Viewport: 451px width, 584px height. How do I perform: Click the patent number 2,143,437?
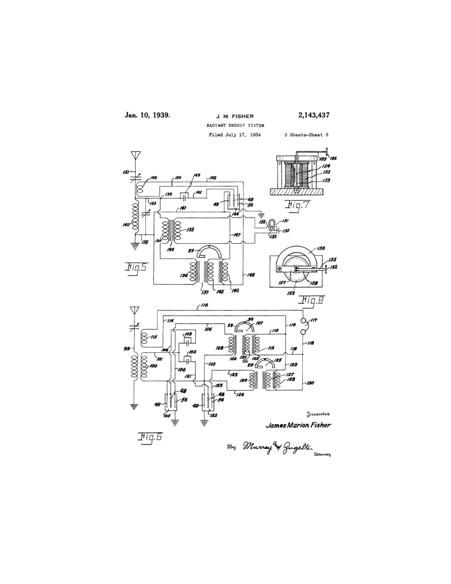point(309,115)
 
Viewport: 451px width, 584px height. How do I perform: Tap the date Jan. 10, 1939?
point(147,115)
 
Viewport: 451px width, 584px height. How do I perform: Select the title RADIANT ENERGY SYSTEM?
point(228,126)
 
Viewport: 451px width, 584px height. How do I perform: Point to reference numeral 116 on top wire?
point(204,305)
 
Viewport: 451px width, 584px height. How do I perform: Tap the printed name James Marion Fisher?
point(298,425)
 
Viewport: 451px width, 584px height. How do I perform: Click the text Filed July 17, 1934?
point(235,135)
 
